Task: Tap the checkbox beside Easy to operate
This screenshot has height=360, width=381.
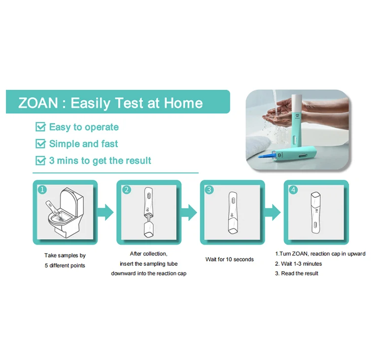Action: click(x=40, y=127)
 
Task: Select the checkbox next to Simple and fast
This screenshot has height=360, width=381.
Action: click(x=40, y=144)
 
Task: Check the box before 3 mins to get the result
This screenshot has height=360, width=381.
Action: click(x=40, y=161)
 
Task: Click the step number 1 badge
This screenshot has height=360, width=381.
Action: click(x=42, y=189)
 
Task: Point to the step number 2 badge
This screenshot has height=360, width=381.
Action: click(x=126, y=189)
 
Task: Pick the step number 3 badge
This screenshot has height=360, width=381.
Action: click(x=209, y=189)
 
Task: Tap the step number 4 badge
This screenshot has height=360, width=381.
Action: click(x=293, y=189)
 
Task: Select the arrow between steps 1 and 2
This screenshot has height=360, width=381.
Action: click(x=105, y=213)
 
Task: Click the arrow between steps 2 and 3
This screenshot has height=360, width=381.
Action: click(x=189, y=213)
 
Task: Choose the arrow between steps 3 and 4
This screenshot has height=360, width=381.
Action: click(x=273, y=213)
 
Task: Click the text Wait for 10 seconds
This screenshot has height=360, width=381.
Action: click(x=229, y=259)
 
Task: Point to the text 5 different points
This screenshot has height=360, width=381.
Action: click(x=65, y=265)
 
